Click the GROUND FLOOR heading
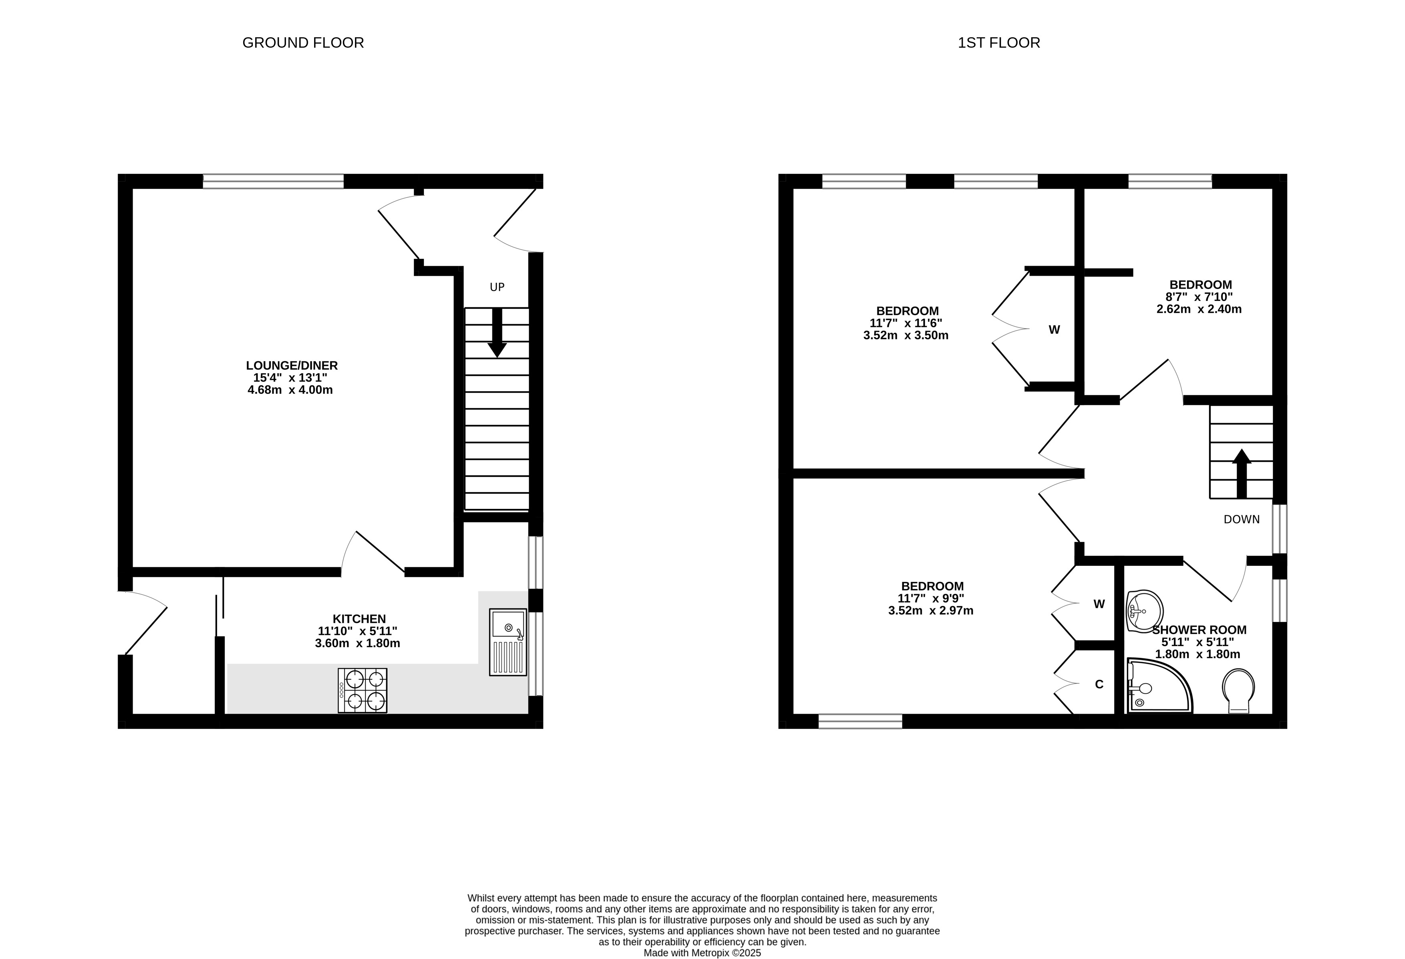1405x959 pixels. coord(303,43)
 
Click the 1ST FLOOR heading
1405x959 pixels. coord(999,43)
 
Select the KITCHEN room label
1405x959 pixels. coord(359,619)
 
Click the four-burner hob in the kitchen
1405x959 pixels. coord(362,690)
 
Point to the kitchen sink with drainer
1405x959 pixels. coord(508,642)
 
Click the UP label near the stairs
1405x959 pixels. coord(497,287)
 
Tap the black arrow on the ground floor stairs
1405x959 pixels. coord(497,333)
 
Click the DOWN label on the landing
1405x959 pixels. coord(1242,519)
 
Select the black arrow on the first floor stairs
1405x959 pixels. coord(1242,473)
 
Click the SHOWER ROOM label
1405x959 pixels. coord(1199,630)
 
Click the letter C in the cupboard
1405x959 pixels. coord(1099,684)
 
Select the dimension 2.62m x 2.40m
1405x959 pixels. coord(1199,309)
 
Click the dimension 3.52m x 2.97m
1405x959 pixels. coord(931,611)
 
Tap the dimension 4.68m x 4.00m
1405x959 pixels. coord(290,390)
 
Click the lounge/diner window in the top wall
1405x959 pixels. coord(273,182)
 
